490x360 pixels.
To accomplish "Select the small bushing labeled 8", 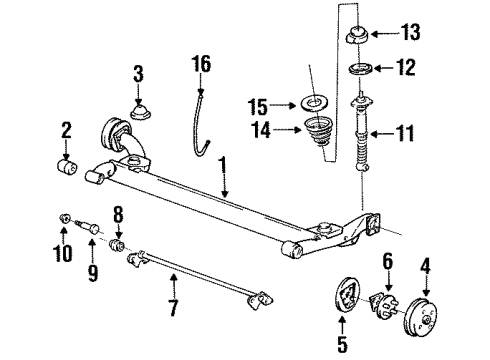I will click(117, 244).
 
